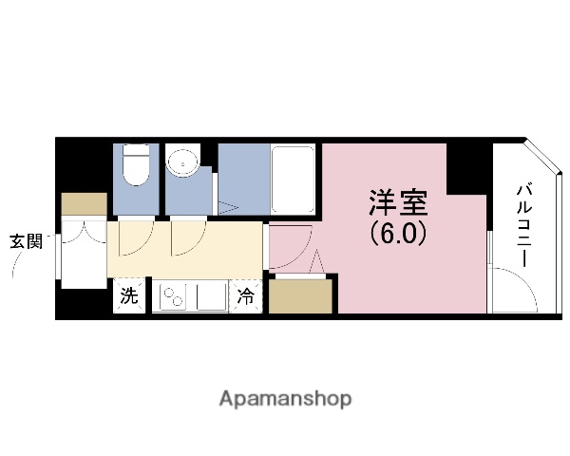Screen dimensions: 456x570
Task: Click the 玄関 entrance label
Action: (27, 240)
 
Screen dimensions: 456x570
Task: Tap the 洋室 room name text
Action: (397, 203)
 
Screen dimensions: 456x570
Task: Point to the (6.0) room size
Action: (397, 232)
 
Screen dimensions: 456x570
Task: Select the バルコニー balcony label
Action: (523, 225)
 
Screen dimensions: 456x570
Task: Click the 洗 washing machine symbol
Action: (129, 296)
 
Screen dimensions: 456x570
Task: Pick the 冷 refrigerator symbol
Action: (246, 296)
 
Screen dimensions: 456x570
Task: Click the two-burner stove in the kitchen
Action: (175, 298)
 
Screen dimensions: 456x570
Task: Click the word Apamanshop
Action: (285, 399)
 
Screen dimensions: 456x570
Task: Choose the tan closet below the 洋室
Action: (301, 295)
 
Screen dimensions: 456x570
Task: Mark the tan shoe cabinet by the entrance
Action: (85, 204)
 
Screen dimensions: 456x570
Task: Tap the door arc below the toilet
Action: (134, 237)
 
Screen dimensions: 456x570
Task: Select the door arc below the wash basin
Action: (186, 237)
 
